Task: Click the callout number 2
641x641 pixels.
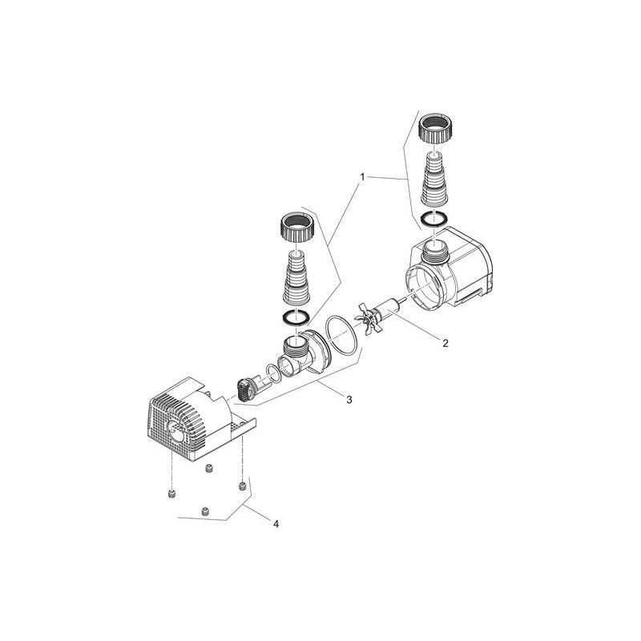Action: click(x=445, y=343)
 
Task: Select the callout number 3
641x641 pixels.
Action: click(x=349, y=399)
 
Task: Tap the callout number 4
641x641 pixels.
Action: click(x=276, y=525)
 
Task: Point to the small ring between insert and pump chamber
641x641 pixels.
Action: click(x=273, y=371)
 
